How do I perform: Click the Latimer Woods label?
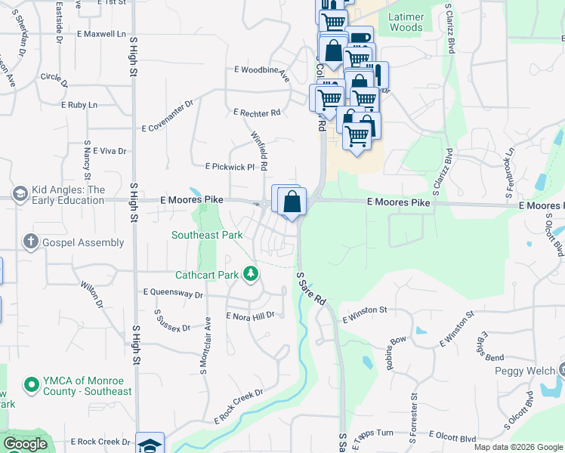[406, 22]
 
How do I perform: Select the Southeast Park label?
[207, 235]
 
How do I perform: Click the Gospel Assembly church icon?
[30, 242]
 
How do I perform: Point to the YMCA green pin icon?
[31, 385]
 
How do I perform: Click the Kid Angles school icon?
[20, 195]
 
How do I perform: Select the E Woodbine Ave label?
[261, 72]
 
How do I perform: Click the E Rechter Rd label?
[257, 112]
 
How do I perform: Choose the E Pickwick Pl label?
[230, 166]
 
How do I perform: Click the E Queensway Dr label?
[173, 292]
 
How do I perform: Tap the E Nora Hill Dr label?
[249, 316]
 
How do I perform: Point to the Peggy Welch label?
[524, 371]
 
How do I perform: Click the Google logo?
[25, 444]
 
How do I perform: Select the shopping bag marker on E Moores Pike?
[292, 202]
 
